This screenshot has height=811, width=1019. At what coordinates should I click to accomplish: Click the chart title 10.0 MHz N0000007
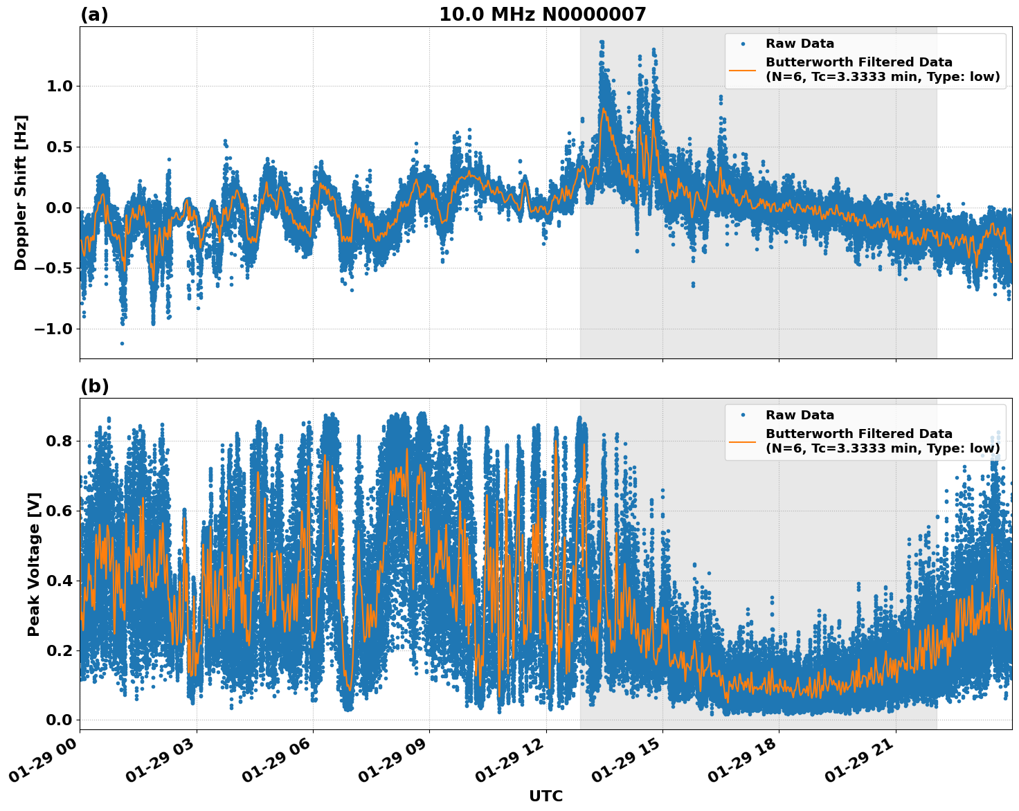542,15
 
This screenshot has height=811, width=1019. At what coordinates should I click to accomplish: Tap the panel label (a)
94,15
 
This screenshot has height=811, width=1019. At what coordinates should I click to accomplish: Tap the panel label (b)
94,386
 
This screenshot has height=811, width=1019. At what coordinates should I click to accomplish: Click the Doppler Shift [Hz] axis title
21,192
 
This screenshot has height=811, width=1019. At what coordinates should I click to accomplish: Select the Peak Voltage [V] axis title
34,564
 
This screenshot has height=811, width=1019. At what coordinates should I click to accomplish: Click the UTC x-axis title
545,796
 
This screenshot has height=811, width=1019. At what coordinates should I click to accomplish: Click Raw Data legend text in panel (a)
800,44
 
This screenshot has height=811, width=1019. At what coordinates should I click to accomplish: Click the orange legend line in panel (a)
742,70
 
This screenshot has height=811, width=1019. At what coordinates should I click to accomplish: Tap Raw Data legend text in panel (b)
800,415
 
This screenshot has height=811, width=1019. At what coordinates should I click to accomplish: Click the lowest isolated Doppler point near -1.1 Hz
122,343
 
